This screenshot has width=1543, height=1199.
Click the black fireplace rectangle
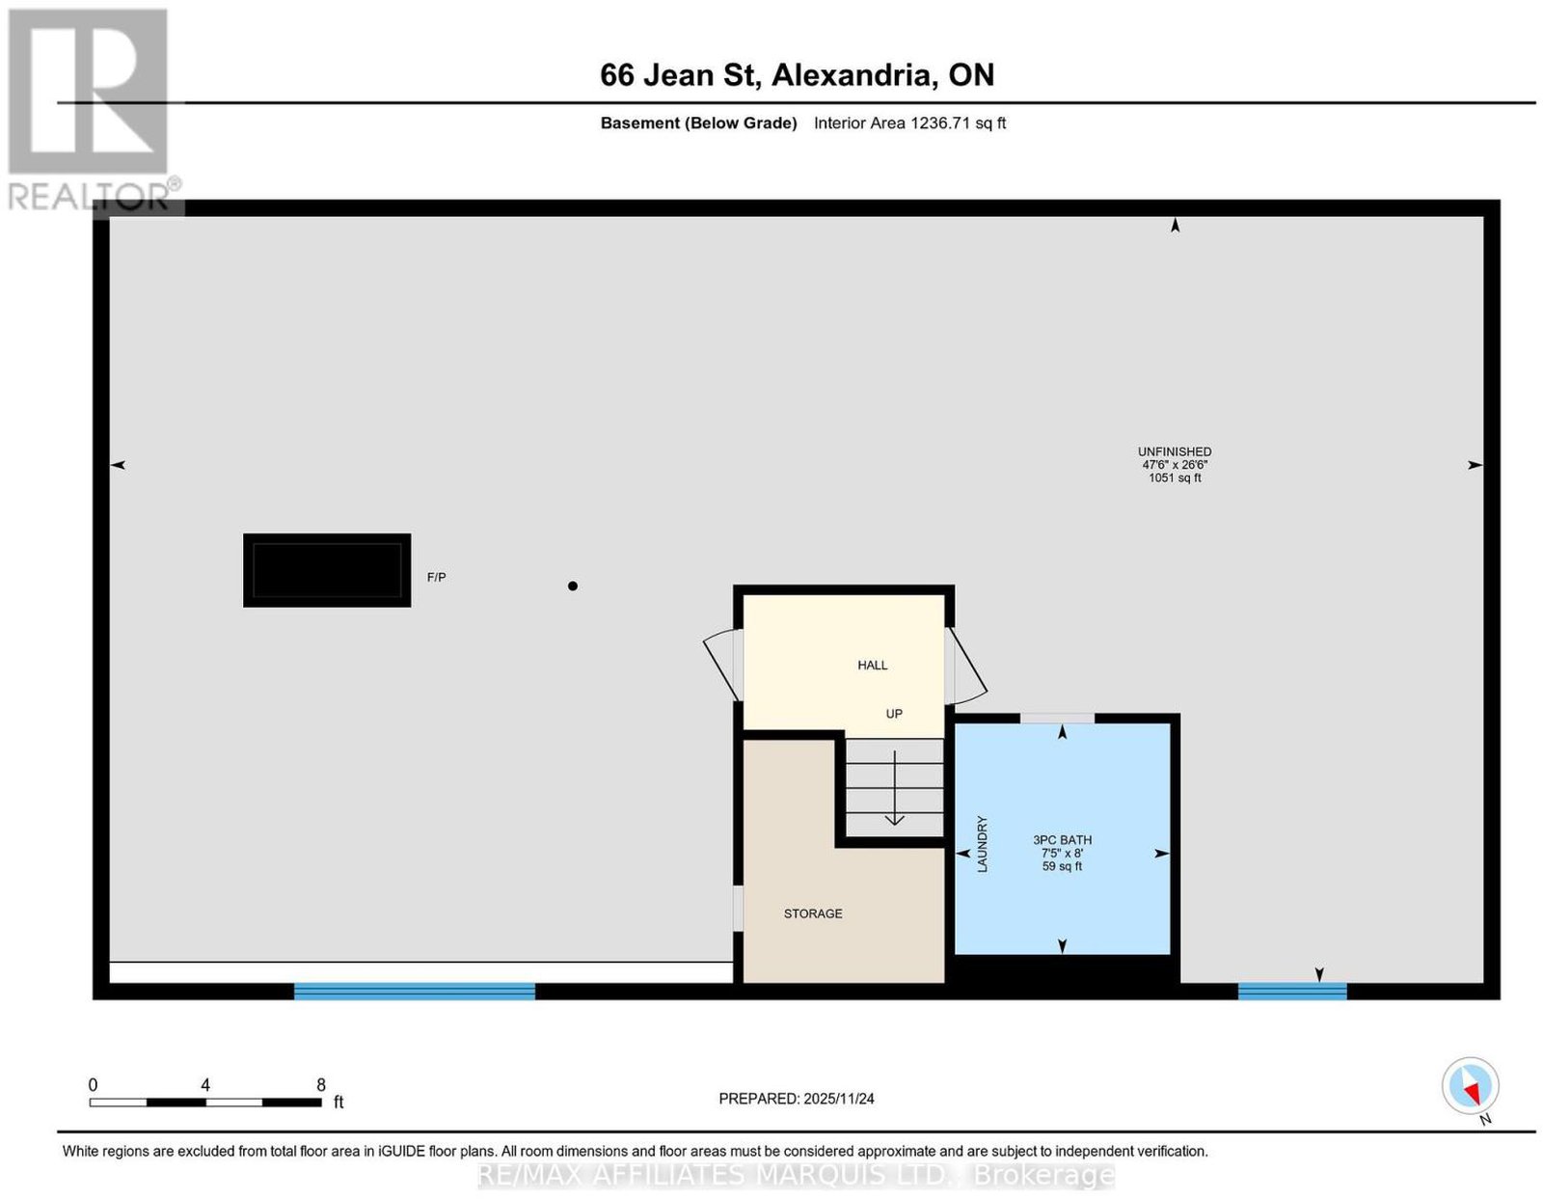327,570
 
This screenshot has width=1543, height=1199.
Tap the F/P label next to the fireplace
436,577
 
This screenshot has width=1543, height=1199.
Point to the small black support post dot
572,586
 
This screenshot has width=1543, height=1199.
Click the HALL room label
872,666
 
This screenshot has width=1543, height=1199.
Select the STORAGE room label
813,913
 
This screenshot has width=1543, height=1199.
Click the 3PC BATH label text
1063,840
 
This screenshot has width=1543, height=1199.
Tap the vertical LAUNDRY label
983,844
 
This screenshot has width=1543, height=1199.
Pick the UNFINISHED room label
1175,451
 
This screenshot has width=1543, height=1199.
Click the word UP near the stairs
894,714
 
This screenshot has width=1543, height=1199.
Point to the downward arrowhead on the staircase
894,819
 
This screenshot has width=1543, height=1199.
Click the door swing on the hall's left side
720,663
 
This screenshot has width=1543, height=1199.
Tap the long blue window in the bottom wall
414,991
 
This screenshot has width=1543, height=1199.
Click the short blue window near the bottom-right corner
1292,991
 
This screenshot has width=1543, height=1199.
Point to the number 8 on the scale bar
321,1084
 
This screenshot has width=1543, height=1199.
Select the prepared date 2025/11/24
839,1098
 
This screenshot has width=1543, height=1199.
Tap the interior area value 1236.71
940,123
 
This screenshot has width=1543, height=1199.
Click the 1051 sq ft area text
1175,477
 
